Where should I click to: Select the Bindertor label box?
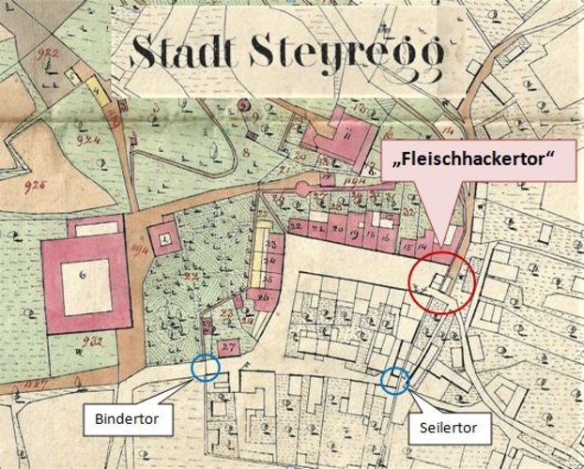click(131, 419)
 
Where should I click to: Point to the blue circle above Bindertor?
click(205, 367)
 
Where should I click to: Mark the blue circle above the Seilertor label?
click(395, 380)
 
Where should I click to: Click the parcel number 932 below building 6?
click(92, 340)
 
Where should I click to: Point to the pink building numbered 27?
click(229, 346)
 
